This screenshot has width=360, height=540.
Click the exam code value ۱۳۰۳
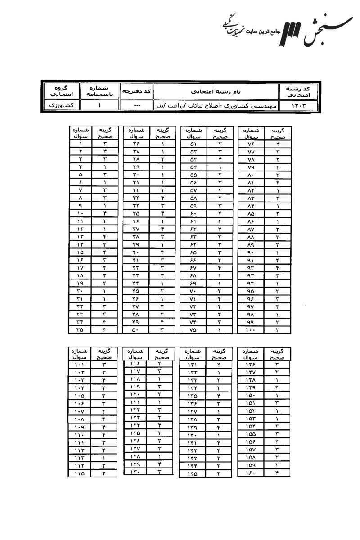pos(298,106)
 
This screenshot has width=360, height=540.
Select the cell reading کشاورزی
pos(60,105)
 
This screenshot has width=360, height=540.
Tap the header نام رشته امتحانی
pos(216,91)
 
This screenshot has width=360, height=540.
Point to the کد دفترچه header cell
pos(136,91)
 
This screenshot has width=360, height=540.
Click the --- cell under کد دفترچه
pos(136,106)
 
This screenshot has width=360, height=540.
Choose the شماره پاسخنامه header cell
pos(99,91)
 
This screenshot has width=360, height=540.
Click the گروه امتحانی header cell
pos(60,91)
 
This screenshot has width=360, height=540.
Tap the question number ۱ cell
pos(80,144)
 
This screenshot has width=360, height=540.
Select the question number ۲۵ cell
pos(80,329)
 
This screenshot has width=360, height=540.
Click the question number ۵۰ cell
pos(135,329)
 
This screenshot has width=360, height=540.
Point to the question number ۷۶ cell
pos(251,144)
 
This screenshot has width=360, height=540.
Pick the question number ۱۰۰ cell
pos(251,329)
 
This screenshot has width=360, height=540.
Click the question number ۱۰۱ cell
pos(80,365)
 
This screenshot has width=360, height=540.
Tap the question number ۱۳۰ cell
pos(135,472)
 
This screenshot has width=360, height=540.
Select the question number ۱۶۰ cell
pos(251,472)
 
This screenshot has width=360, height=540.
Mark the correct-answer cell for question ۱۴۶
pos(277,365)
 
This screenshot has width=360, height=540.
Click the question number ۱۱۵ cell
pos(80,473)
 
